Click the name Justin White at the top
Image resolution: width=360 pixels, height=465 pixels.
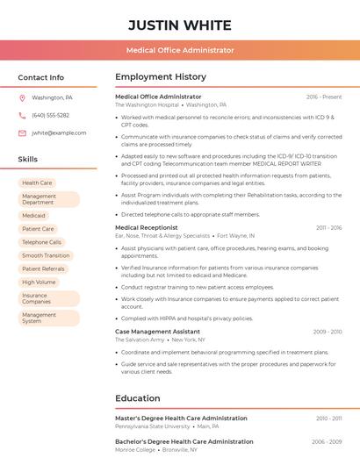[180, 25]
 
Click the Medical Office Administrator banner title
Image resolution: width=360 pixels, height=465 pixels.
[180, 50]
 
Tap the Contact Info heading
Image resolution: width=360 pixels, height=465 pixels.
[41, 77]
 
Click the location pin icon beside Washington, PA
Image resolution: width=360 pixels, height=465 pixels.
[22, 98]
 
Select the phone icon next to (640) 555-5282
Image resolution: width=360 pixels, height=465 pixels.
[22, 115]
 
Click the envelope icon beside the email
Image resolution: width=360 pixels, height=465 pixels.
[22, 132]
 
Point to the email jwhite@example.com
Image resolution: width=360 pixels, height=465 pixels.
[59, 132]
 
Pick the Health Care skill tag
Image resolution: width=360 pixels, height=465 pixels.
[37, 182]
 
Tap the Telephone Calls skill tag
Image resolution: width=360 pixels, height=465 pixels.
[41, 241]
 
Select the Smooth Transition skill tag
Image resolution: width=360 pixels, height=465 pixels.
[46, 255]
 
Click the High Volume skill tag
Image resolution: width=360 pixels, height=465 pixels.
[39, 282]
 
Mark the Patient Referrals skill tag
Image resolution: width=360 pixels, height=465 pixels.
[43, 268]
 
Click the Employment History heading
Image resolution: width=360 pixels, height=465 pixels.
[161, 77]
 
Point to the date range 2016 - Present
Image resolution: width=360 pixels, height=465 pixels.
[324, 97]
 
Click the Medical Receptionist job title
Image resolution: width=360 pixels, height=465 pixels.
[147, 227]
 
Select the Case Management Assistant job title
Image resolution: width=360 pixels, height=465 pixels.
[157, 332]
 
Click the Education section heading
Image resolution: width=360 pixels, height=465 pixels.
[138, 398]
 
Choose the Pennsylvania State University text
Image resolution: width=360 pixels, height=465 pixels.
[152, 426]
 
